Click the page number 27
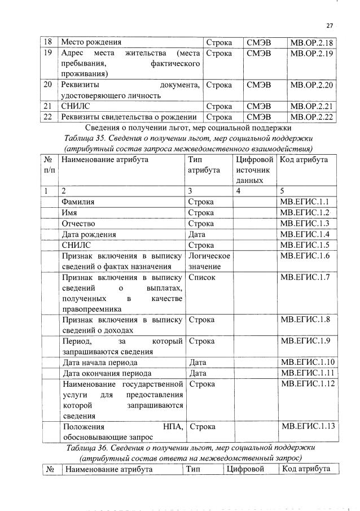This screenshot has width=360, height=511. [x=330, y=25]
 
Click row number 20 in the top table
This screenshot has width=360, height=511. [x=49, y=85]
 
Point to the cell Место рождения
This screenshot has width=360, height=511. [x=91, y=42]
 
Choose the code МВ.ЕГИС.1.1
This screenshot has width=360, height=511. [x=308, y=202]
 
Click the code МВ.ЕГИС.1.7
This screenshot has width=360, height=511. [x=308, y=278]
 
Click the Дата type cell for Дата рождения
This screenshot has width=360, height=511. [x=197, y=234]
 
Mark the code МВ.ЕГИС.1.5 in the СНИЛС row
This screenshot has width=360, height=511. [x=308, y=245]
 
